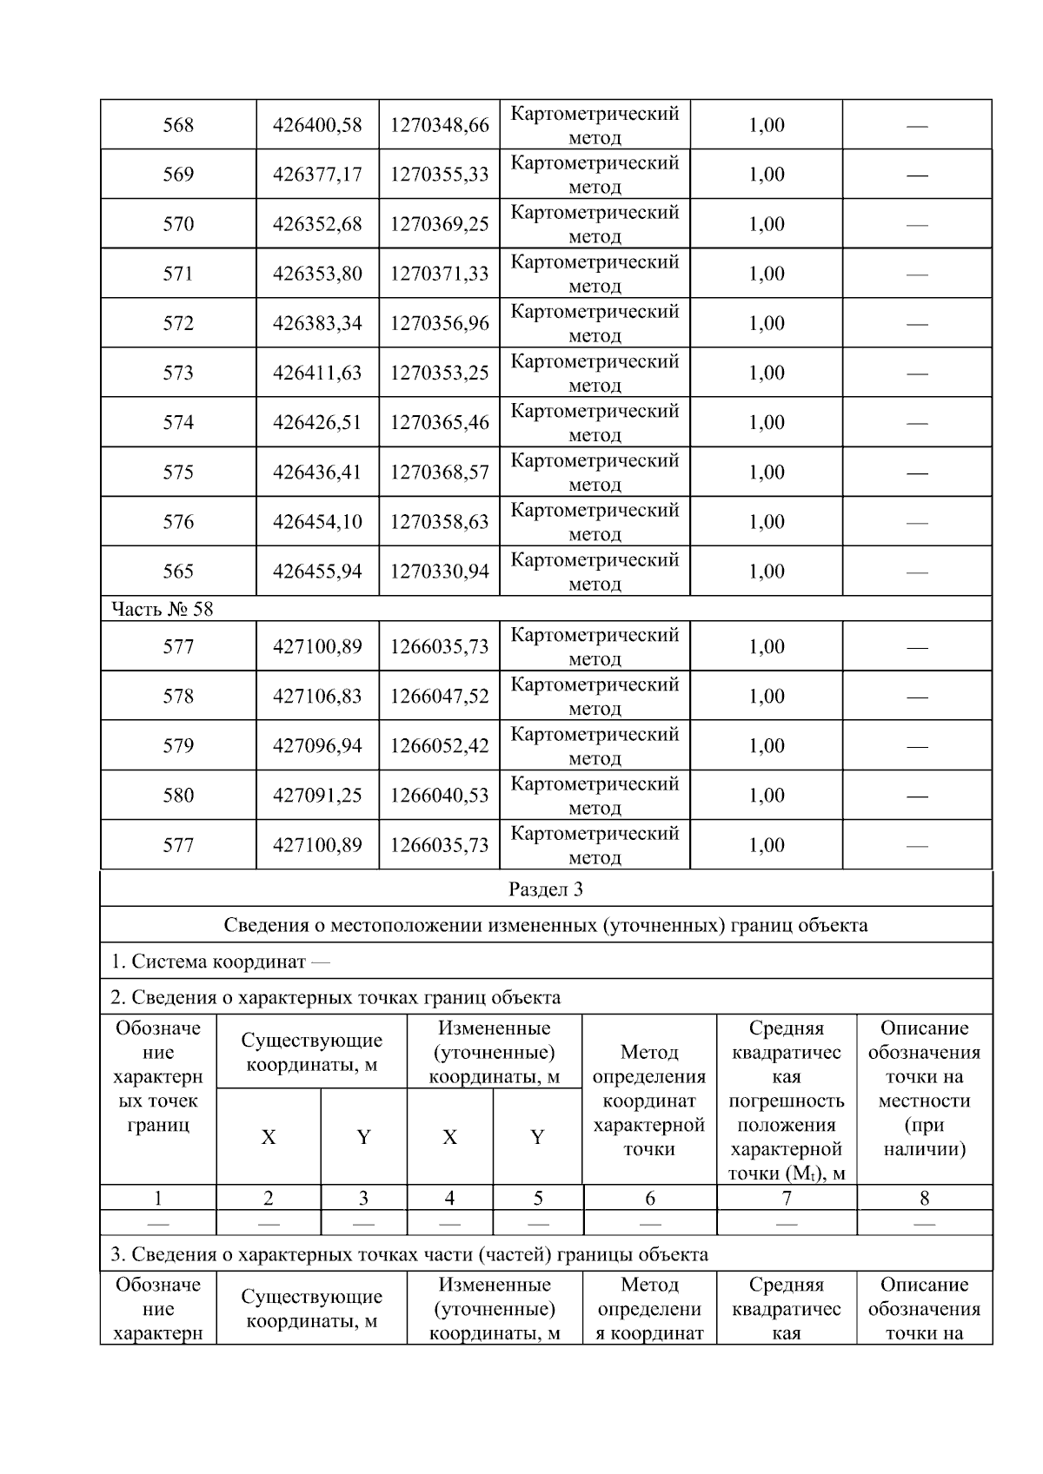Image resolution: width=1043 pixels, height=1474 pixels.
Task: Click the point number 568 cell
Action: pyautogui.click(x=178, y=125)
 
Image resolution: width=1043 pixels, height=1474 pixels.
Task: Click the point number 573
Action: pyautogui.click(x=178, y=373)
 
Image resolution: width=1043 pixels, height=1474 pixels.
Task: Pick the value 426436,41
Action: pyautogui.click(x=317, y=473)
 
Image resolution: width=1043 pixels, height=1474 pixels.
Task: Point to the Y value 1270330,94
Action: pyautogui.click(x=439, y=572)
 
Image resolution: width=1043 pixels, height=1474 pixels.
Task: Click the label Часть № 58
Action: pyautogui.click(x=163, y=609)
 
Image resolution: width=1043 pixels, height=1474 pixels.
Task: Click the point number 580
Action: pyautogui.click(x=178, y=796)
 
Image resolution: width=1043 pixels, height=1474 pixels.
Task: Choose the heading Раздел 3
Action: pyautogui.click(x=545, y=889)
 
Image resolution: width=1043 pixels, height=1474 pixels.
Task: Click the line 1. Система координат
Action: pyautogui.click(x=220, y=962)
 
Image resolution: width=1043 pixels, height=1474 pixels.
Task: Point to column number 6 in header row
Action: pyautogui.click(x=649, y=1199)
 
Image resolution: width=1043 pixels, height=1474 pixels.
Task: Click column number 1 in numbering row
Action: pyautogui.click(x=157, y=1199)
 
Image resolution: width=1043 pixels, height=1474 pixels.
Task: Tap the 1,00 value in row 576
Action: pyautogui.click(x=766, y=522)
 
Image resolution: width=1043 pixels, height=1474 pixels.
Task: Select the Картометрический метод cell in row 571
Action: pyautogui.click(x=595, y=274)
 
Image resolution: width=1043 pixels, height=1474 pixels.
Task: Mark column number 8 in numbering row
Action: pyautogui.click(x=924, y=1199)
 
